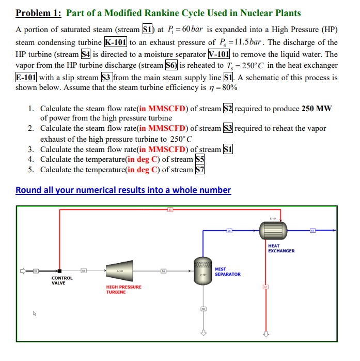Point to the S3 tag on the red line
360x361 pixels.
pyautogui.click(x=169, y=209)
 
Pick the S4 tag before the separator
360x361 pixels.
pyautogui.click(x=163, y=270)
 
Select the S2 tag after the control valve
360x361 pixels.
pyautogui.click(x=83, y=270)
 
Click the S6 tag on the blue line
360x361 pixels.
pyautogui.click(x=229, y=230)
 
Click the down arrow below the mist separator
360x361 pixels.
pyautogui.click(x=204, y=332)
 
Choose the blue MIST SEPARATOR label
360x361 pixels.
pyautogui.click(x=227, y=272)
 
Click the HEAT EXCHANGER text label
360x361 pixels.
pyautogui.click(x=281, y=248)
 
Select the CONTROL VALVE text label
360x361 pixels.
pyautogui.click(x=61, y=280)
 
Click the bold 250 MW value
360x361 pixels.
pyautogui.click(x=317, y=109)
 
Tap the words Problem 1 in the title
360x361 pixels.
pyautogui.click(x=38, y=13)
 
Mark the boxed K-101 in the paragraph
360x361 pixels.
pyautogui.click(x=116, y=42)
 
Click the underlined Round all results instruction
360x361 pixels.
pyautogui.click(x=123, y=190)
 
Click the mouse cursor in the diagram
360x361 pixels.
pyautogui.click(x=35, y=313)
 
